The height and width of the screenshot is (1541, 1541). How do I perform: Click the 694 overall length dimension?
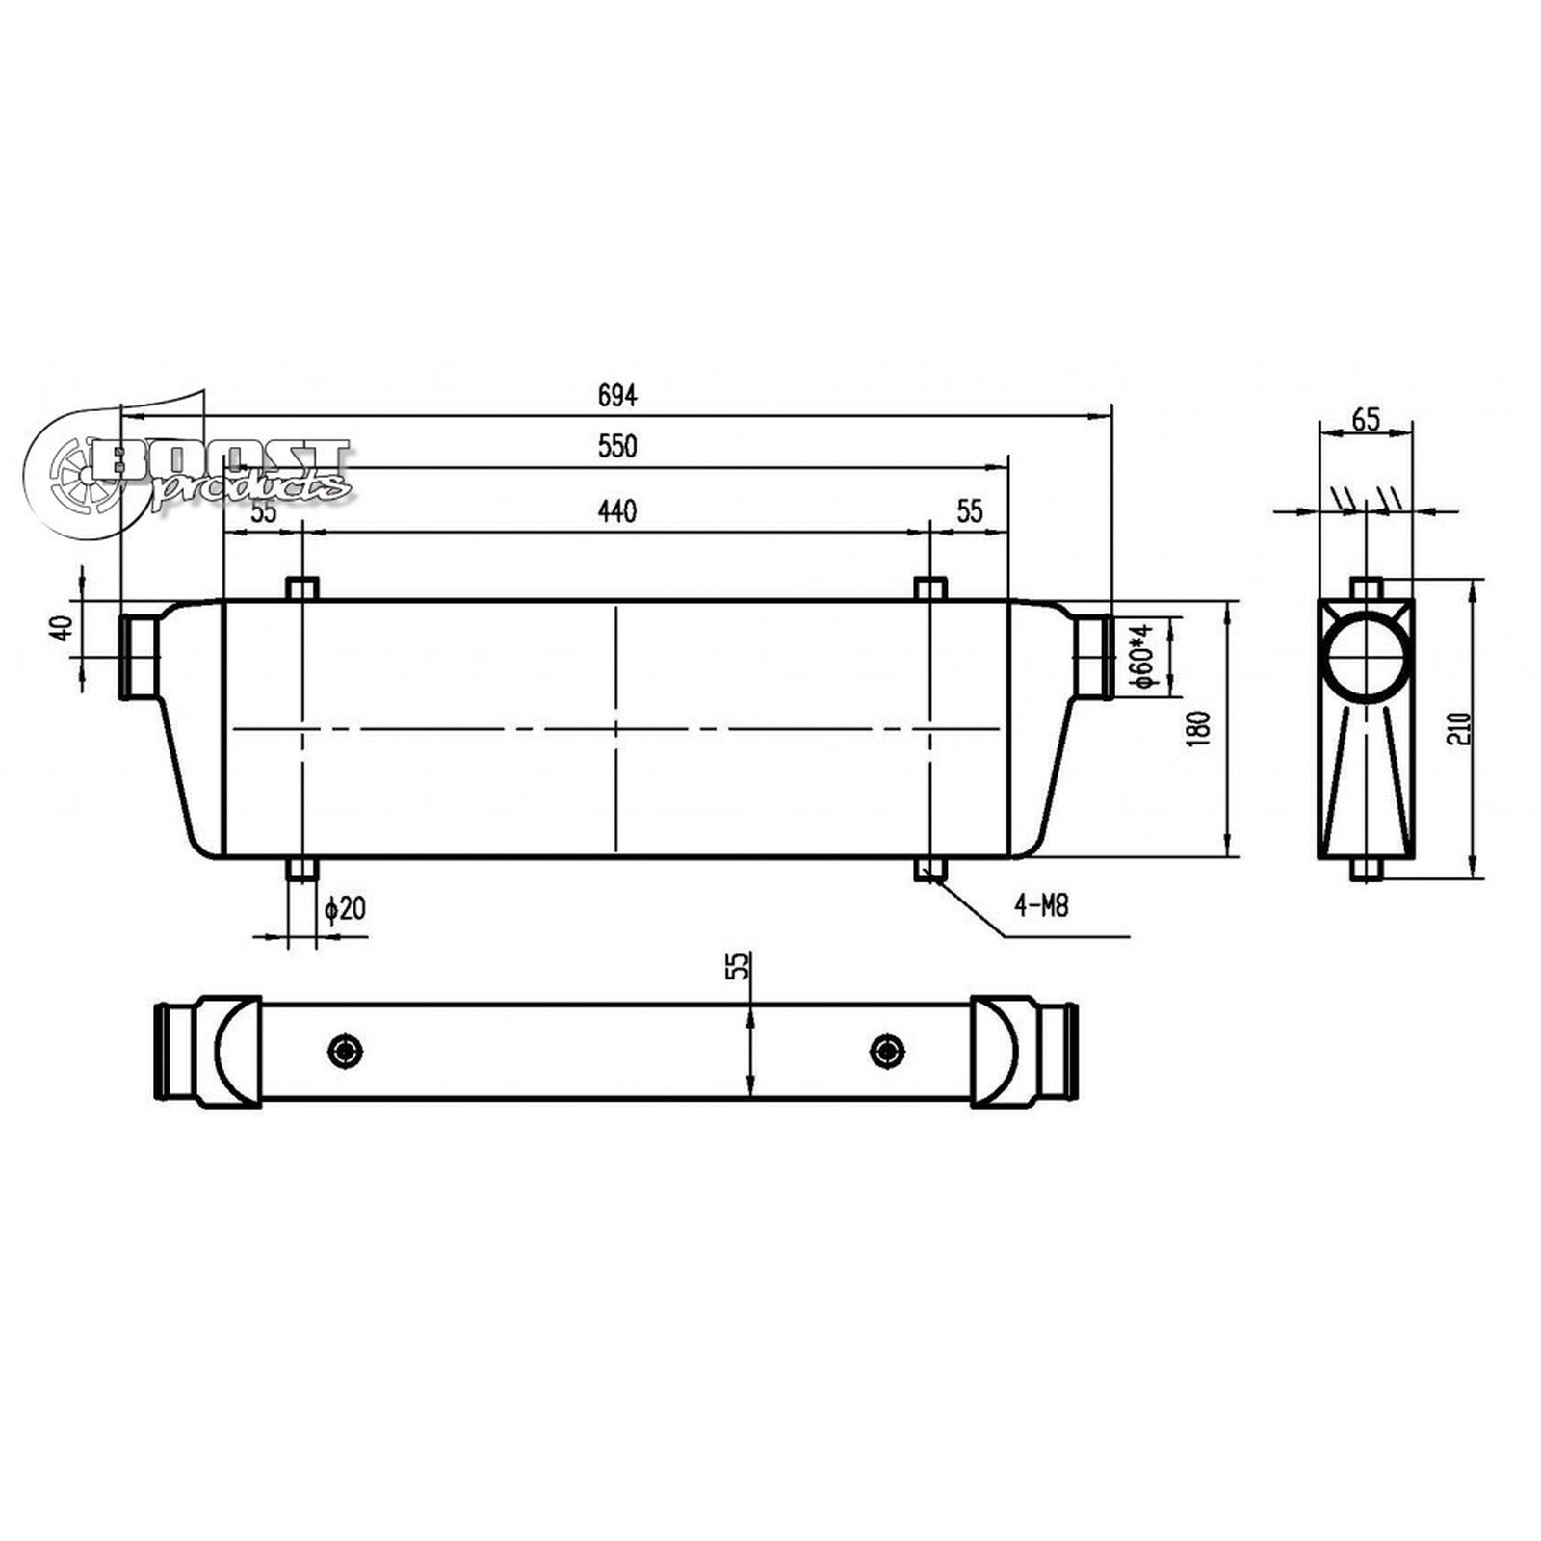pos(617,395)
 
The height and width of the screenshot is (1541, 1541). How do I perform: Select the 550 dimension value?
pos(617,447)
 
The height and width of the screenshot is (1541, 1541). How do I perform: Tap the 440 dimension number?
pos(617,511)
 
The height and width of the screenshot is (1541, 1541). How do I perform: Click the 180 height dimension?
pos(1199,730)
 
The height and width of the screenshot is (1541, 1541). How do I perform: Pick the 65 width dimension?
pos(1366,420)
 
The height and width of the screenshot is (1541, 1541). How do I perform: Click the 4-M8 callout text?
pos(1041,905)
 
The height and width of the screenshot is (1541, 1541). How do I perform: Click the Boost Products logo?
pos(193,472)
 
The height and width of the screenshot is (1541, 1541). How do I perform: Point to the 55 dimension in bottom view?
pos(737,966)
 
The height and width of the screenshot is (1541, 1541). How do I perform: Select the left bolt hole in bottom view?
pos(345,1051)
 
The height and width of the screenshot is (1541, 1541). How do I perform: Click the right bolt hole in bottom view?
pos(887,1051)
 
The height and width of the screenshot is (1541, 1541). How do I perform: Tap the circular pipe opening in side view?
pos(1365,651)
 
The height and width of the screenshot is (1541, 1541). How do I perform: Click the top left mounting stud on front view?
pos(302,588)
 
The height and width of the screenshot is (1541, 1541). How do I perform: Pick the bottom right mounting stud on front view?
pos(929,869)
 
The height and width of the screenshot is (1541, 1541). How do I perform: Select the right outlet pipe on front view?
pos(1093,657)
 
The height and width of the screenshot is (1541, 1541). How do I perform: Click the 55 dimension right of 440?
pos(969,511)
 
